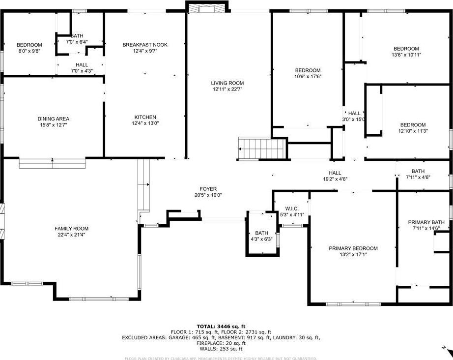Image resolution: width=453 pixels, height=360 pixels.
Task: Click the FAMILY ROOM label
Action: tap(72, 228)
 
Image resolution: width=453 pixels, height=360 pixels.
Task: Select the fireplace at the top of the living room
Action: tap(207, 8)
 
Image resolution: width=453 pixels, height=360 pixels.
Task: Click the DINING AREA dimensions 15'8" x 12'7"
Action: tap(53, 125)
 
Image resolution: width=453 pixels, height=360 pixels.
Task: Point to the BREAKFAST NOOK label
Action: tap(145, 45)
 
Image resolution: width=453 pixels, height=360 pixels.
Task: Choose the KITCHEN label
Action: tap(145, 117)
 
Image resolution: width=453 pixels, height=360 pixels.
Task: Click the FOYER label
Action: tap(208, 189)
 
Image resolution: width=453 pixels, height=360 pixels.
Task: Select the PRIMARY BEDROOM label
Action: tap(353, 248)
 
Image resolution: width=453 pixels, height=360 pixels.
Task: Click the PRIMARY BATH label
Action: tap(425, 222)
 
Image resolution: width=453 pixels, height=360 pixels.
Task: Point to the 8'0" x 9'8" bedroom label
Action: tap(29, 51)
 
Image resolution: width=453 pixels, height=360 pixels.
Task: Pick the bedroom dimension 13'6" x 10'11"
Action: tap(406, 55)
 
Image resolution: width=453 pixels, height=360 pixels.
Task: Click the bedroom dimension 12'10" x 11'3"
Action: tap(412, 131)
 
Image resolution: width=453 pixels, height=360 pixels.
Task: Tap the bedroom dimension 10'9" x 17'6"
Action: tap(308, 76)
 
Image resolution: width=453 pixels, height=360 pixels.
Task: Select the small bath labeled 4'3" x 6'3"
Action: tap(261, 236)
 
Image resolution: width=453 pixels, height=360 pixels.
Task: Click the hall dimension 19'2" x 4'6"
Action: tap(335, 179)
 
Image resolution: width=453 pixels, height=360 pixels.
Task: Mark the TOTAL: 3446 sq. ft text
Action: tap(221, 326)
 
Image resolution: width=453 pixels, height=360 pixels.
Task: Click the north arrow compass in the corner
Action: tap(446, 350)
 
